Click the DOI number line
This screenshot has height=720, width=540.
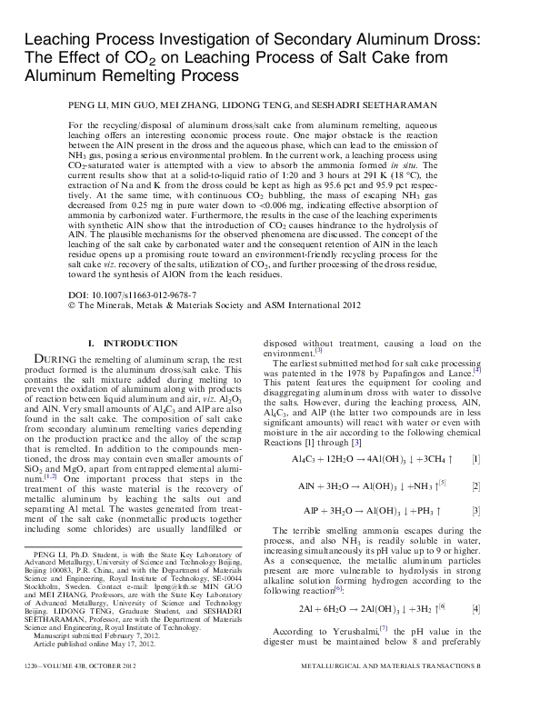point(132,296)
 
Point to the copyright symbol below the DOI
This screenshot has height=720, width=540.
point(73,306)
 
